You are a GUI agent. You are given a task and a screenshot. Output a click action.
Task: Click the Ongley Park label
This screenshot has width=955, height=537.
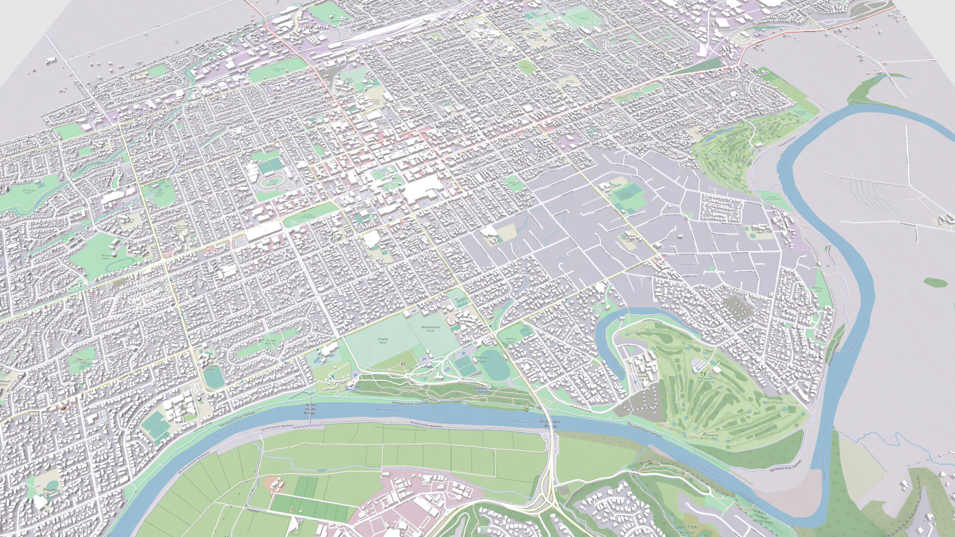click(x=382, y=341)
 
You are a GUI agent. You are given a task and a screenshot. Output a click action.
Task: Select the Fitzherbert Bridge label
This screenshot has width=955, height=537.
click(x=551, y=424)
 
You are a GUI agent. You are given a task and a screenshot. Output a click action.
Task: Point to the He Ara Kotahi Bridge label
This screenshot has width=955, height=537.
click(x=309, y=409)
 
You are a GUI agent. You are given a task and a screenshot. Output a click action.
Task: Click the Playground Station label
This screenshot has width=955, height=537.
click(x=482, y=390)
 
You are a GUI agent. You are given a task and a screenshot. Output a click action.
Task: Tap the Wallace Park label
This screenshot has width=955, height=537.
click(x=511, y=340)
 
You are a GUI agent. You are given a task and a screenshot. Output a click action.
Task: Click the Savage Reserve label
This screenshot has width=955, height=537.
click(x=270, y=342)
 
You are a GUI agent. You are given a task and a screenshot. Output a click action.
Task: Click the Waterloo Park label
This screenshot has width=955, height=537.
click(x=817, y=288)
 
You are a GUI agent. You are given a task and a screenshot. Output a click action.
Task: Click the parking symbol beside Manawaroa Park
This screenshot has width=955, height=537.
click(x=424, y=359)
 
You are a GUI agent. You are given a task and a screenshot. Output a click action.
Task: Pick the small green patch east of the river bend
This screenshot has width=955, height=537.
click(x=935, y=282)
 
